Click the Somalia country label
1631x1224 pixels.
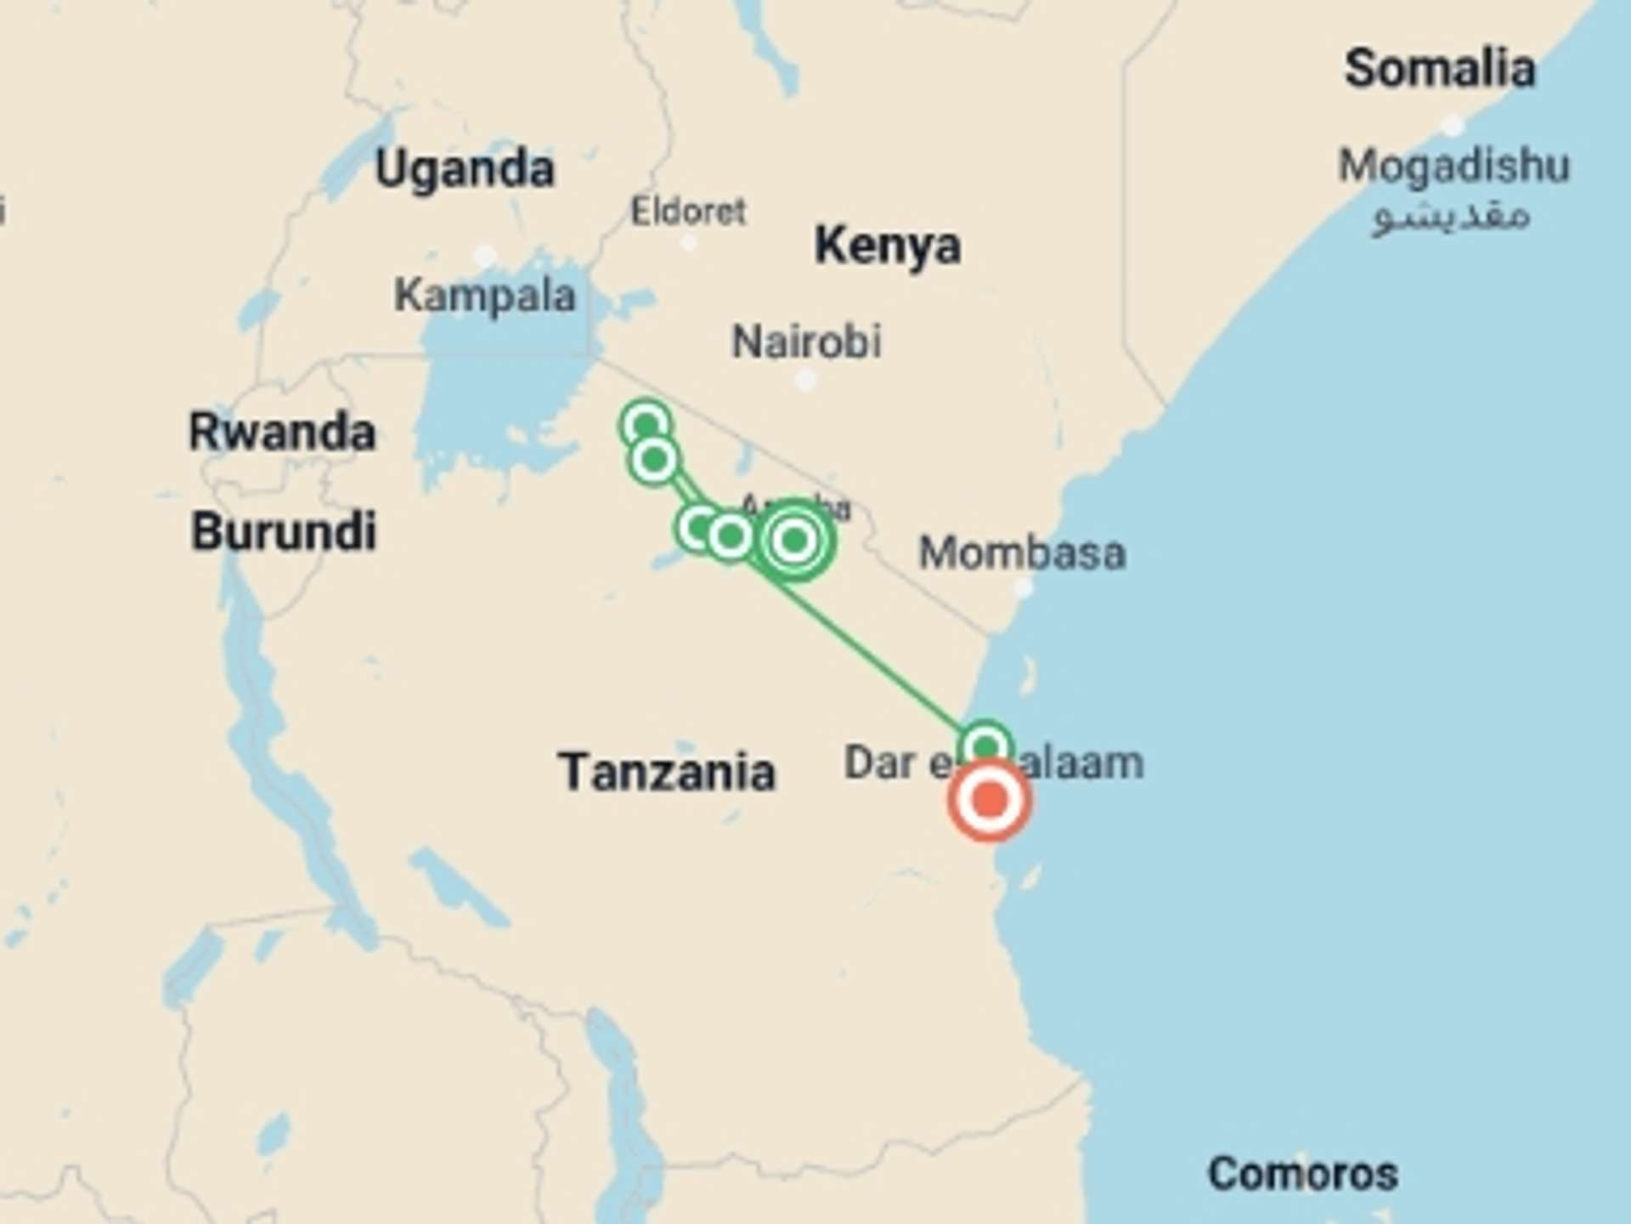click(x=1439, y=68)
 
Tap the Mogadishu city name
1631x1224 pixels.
click(x=1453, y=165)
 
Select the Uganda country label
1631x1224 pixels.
click(x=465, y=168)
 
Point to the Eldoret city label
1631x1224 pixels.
click(x=688, y=211)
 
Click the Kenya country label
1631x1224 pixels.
click(x=888, y=246)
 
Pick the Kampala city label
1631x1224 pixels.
click(x=485, y=296)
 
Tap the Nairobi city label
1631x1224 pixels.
click(x=806, y=342)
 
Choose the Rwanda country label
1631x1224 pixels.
click(x=282, y=432)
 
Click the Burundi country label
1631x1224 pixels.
click(x=284, y=531)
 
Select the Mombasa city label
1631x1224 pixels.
click(x=1023, y=553)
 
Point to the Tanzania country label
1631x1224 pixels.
click(x=667, y=772)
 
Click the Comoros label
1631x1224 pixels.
click(x=1303, y=1174)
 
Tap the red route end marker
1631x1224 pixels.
click(x=990, y=800)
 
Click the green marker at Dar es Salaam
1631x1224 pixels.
click(x=985, y=747)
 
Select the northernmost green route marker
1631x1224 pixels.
click(x=646, y=424)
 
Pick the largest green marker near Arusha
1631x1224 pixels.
click(x=794, y=540)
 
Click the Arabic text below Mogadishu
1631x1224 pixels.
click(x=1451, y=216)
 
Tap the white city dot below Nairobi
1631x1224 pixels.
click(x=805, y=380)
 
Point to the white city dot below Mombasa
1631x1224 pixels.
click(x=1024, y=587)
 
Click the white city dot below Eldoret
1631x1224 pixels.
click(x=689, y=243)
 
